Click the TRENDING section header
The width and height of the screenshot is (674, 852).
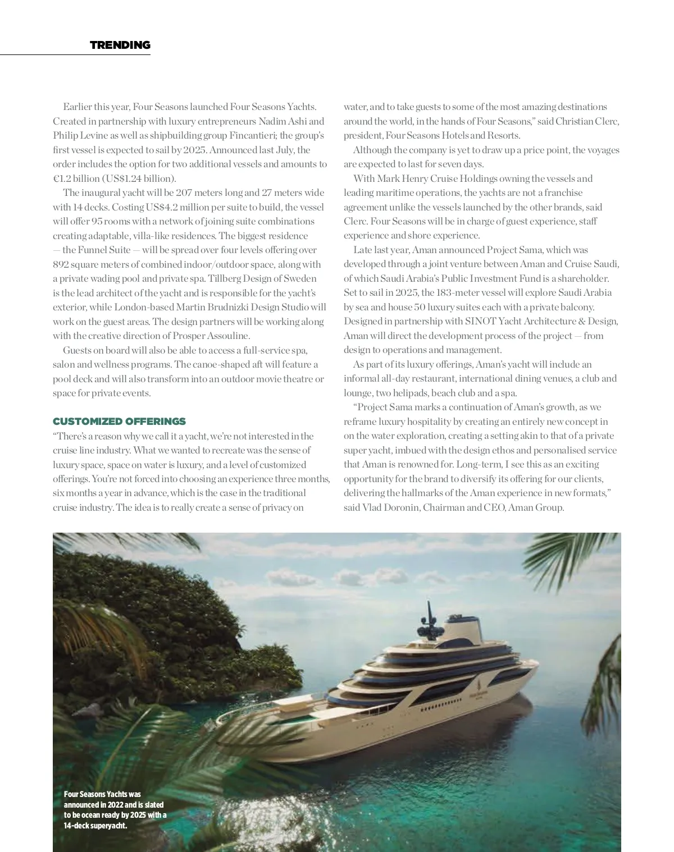pyautogui.click(x=120, y=45)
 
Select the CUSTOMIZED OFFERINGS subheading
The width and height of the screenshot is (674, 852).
pyautogui.click(x=119, y=421)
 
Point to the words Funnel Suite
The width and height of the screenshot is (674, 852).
pyautogui.click(x=104, y=250)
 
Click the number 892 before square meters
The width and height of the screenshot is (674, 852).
pyautogui.click(x=61, y=264)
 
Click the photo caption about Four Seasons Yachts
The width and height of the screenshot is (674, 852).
pyautogui.click(x=115, y=810)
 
